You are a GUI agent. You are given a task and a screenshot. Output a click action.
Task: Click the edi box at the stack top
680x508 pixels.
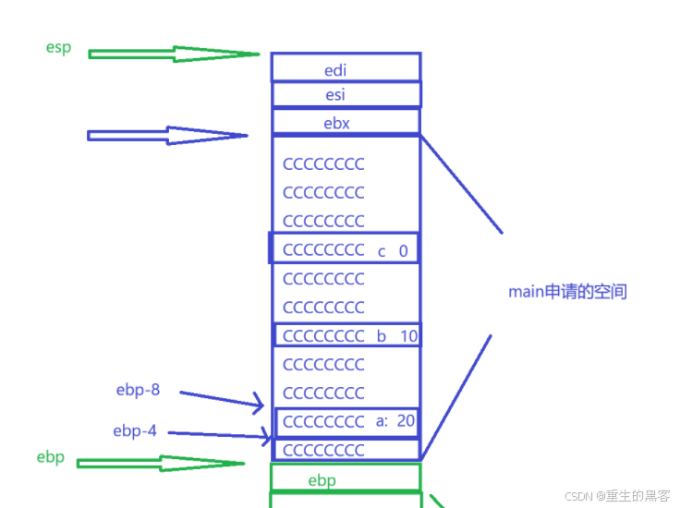pos(346,68)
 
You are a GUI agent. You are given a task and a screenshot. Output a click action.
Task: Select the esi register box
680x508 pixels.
pos(346,94)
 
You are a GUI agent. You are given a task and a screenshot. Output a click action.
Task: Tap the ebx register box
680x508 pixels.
pos(346,122)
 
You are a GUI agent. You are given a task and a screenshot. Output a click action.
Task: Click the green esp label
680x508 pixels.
pos(58,47)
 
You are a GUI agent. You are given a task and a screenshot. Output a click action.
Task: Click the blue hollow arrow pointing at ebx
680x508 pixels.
pos(166,136)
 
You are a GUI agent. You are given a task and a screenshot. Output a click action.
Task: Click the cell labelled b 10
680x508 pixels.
pos(347,335)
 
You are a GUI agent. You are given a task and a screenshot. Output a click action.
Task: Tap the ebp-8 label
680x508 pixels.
pos(137,390)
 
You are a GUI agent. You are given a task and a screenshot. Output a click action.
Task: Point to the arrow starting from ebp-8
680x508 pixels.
pos(222,398)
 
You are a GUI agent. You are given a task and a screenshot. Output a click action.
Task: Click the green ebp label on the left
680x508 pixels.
pos(50,457)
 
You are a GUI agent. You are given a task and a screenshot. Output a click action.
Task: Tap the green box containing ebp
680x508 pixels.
pos(346,478)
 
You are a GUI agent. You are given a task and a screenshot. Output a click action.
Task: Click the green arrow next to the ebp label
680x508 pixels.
pos(161,462)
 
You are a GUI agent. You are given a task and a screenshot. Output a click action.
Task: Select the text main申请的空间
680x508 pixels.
pos(567,292)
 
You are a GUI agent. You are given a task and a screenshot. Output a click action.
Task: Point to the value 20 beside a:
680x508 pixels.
pos(405,421)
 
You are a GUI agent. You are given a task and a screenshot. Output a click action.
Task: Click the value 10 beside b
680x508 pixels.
pos(407,335)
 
